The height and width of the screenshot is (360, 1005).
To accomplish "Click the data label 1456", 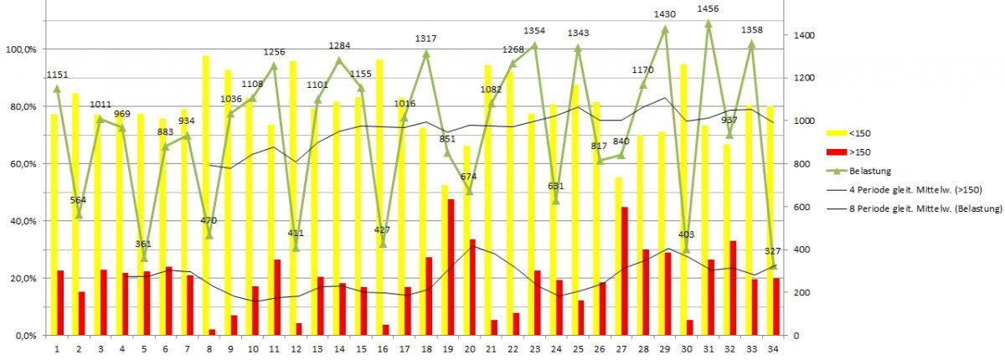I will click(709, 8).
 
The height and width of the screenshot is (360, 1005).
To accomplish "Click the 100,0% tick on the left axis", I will click(21, 49).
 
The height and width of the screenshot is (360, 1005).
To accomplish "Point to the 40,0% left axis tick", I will click(23, 221).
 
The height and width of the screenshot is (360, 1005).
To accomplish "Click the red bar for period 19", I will click(451, 267).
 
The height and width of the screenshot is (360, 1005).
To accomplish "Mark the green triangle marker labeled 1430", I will click(665, 29).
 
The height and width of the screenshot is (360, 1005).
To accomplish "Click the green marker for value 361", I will click(144, 257).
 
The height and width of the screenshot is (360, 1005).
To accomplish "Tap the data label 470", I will click(208, 221).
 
